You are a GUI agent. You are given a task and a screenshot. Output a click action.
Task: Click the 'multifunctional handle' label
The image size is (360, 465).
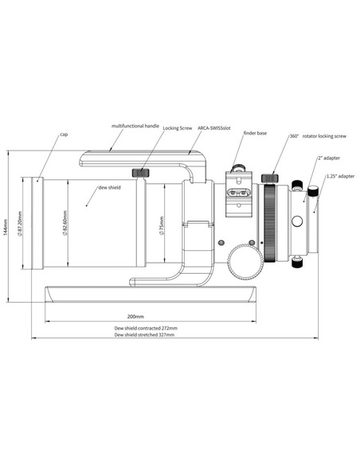[135, 126]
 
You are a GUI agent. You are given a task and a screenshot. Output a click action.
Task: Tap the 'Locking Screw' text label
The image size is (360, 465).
[178, 128]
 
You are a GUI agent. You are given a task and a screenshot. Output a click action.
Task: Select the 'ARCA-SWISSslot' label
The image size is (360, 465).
[213, 128]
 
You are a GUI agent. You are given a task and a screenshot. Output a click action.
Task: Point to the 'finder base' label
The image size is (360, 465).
[255, 133]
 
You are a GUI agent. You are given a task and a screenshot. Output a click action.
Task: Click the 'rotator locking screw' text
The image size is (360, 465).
[324, 136]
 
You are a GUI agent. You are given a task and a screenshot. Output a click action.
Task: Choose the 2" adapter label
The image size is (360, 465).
[329, 158]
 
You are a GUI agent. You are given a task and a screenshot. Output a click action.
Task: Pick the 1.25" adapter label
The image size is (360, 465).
[340, 176]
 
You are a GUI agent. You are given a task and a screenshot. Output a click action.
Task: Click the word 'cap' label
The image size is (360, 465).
[64, 135]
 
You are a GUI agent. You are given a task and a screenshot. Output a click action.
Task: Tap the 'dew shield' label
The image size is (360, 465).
[110, 187]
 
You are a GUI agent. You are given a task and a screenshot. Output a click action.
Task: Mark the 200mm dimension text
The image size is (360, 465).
[135, 316]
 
